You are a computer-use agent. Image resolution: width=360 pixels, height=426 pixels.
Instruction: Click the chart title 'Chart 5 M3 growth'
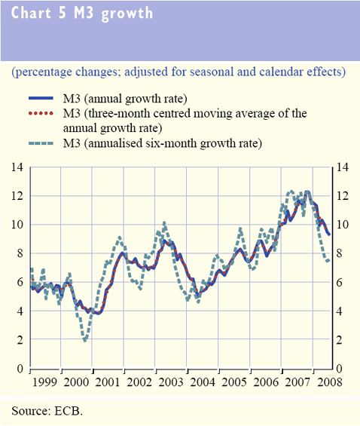coord(82,13)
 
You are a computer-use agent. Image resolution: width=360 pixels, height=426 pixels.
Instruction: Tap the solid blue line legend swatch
coord(41,98)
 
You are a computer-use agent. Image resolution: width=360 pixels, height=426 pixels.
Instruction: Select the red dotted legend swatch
coord(41,113)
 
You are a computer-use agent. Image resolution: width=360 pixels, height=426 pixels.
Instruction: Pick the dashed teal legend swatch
coord(41,143)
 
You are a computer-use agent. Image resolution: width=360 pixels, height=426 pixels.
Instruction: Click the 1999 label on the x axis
coord(44,382)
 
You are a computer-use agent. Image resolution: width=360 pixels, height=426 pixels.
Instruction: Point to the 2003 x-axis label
coord(171,382)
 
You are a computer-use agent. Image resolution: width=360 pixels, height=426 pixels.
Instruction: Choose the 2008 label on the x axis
coord(330,382)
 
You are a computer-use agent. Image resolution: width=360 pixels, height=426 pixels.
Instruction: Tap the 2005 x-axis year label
coord(234,382)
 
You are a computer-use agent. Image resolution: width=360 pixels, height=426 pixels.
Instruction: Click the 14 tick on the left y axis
coord(17,167)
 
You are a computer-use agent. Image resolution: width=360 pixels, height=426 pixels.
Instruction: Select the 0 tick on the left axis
coord(20,369)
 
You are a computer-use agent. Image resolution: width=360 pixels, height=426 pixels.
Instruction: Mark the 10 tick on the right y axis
coord(343,225)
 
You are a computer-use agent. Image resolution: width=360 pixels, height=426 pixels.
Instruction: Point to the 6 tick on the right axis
coord(340,283)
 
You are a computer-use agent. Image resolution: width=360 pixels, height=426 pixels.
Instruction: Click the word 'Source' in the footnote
coord(29,411)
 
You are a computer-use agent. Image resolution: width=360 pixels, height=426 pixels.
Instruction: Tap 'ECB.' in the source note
coord(69,411)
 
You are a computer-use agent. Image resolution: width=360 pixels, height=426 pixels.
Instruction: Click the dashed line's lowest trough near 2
coord(85,340)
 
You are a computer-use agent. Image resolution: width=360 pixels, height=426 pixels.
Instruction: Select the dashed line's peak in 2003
coord(164,223)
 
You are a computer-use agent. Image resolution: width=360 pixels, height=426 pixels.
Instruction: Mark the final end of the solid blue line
coord(329,234)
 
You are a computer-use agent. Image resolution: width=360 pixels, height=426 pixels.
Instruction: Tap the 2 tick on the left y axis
coord(20,340)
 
